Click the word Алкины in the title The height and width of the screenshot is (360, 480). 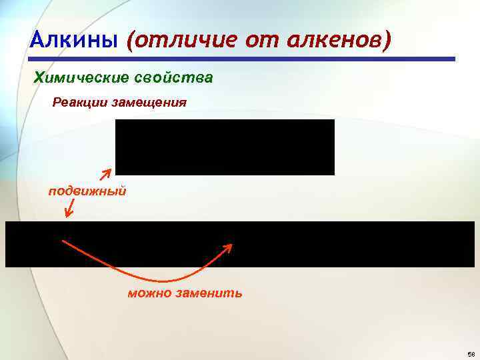tap(74, 41)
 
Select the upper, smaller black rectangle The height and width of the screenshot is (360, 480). tap(225, 147)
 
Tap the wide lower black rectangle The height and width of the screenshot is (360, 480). tap(240, 244)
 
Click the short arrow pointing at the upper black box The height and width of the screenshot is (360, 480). tap(105, 175)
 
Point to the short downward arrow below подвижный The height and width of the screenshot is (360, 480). tap(69, 209)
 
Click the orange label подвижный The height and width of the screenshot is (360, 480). tap(87, 192)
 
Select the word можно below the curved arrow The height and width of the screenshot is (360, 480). tap(151, 293)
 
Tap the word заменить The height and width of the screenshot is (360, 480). tap(208, 293)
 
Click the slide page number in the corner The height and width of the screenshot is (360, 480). tap(471, 354)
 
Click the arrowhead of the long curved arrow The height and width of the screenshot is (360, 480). tap(229, 247)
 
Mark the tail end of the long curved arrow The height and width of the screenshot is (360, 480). tap(64, 240)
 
